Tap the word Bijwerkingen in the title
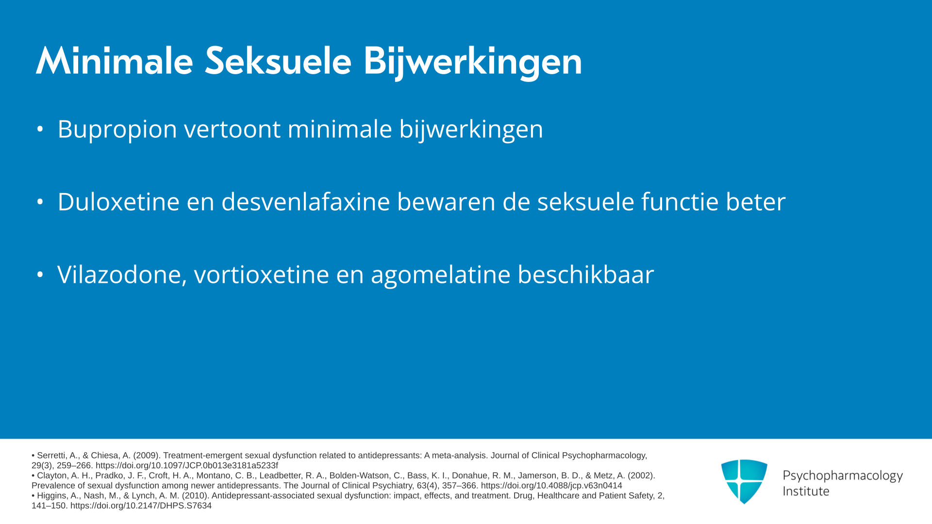click(x=473, y=63)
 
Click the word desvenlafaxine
click(x=306, y=201)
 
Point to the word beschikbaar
click(x=586, y=274)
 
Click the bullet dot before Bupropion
click(x=40, y=129)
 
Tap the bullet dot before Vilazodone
click(x=40, y=275)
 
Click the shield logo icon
click(x=744, y=481)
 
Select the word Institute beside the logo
click(x=806, y=491)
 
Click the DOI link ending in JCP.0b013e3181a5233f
click(x=187, y=466)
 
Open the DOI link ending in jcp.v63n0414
click(x=551, y=486)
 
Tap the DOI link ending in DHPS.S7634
click(x=141, y=506)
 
